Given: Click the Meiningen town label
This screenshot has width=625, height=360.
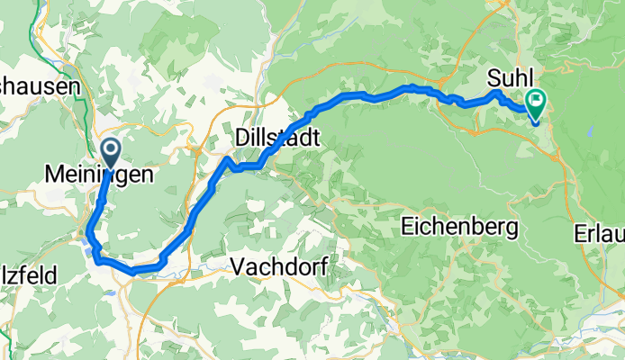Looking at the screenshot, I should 98,176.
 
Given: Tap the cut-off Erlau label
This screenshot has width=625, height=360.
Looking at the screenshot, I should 598,234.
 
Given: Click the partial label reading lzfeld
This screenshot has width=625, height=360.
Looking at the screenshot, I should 29,274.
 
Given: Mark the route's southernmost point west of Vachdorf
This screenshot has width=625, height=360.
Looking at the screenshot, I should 135,270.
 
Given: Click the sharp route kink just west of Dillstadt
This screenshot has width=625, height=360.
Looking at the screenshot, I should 228,160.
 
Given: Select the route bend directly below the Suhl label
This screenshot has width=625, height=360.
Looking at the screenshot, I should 496,94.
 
